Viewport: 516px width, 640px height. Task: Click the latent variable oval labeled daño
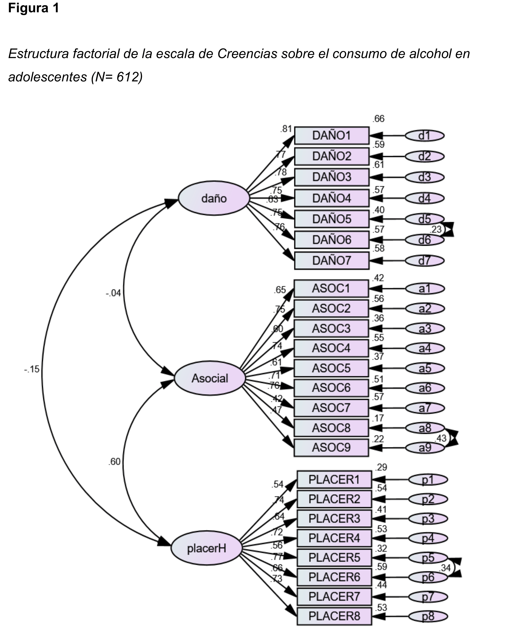[214, 198]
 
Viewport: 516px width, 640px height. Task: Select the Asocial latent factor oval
[210, 378]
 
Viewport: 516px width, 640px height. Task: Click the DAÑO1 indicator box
[331, 136]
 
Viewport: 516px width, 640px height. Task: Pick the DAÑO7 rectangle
[331, 260]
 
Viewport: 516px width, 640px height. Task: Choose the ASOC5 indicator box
[331, 368]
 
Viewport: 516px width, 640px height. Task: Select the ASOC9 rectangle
[331, 447]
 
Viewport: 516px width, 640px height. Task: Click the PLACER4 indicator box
[334, 538]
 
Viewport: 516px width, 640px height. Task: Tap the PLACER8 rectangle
[334, 616]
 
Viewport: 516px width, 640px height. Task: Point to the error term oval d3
[424, 177]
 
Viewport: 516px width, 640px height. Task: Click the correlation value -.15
[32, 369]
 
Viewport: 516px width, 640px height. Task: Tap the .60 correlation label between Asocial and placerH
[114, 462]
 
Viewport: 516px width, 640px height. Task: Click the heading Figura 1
[33, 8]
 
